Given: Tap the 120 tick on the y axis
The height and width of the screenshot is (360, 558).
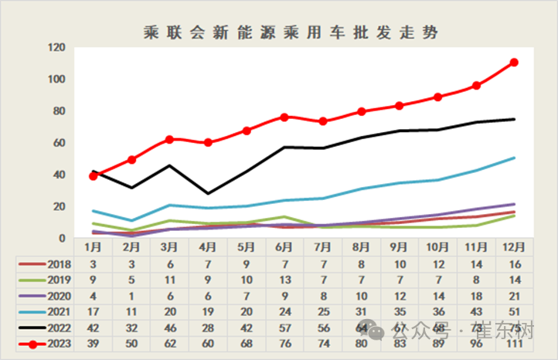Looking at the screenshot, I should coord(56,48).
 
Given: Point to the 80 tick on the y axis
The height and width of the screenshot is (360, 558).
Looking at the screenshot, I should coord(59,111).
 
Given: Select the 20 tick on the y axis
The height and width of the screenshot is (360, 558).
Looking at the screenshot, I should coord(59,206).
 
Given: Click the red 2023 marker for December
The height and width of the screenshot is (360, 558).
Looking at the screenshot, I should coord(513,63).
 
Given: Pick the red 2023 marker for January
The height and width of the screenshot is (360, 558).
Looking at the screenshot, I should coord(94,176).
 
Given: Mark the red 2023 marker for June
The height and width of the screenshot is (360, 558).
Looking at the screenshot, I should coord(284,117).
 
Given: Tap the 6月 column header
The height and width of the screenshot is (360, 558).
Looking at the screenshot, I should coord(284,247).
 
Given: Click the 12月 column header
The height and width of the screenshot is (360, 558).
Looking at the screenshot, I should coord(513,247).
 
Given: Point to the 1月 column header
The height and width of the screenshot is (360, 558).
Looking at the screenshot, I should coord(94,247).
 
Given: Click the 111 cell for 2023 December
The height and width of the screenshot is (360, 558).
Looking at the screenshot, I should coord(513,345).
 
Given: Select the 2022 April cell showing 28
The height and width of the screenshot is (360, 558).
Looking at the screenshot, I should coord(208,328).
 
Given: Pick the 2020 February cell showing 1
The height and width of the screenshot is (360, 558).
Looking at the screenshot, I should coord(131,296).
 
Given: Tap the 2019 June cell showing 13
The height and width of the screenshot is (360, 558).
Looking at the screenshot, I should coord(284,280).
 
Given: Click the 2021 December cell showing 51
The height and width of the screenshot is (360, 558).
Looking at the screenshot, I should coord(513,312).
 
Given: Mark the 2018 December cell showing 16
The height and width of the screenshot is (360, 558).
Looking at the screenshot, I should coord(513,263).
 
